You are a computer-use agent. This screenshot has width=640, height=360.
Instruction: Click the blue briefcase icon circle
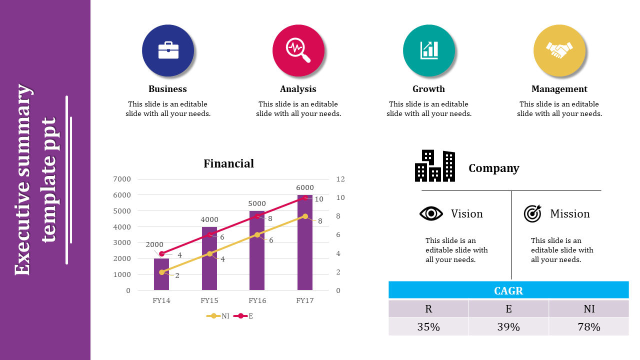tap(168, 50)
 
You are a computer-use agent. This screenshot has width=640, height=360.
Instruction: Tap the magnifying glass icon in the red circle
tap(298, 50)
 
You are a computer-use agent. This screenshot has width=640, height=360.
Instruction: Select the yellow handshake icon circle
tap(559, 50)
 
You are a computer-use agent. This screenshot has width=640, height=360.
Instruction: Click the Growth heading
tap(428, 89)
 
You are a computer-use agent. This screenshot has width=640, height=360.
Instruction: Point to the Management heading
tap(559, 89)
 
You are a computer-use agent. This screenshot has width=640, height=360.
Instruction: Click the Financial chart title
tap(228, 163)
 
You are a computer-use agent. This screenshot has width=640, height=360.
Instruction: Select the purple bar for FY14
tap(161, 274)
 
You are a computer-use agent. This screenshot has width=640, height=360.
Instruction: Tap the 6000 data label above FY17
tap(305, 187)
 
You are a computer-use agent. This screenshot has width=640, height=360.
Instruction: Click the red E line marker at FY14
tap(161, 253)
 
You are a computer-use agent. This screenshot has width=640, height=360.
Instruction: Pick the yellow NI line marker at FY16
tap(257, 235)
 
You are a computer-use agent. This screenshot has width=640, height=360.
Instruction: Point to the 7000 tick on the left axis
tap(122, 179)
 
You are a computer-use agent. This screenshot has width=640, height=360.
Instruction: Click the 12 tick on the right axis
tap(340, 179)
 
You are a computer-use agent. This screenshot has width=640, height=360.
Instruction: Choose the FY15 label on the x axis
tap(209, 300)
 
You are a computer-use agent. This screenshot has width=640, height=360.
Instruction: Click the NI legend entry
tap(217, 316)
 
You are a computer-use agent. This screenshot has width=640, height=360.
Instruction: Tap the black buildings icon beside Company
tap(435, 165)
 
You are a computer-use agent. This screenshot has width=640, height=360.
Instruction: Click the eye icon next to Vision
tap(431, 213)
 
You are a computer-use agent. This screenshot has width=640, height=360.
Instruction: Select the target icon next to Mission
tap(532, 213)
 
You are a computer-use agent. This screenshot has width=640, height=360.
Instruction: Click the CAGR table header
tap(508, 290)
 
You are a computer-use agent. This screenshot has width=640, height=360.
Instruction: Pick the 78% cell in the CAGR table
tap(589, 327)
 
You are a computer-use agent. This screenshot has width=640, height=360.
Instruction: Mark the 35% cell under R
tap(428, 327)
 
